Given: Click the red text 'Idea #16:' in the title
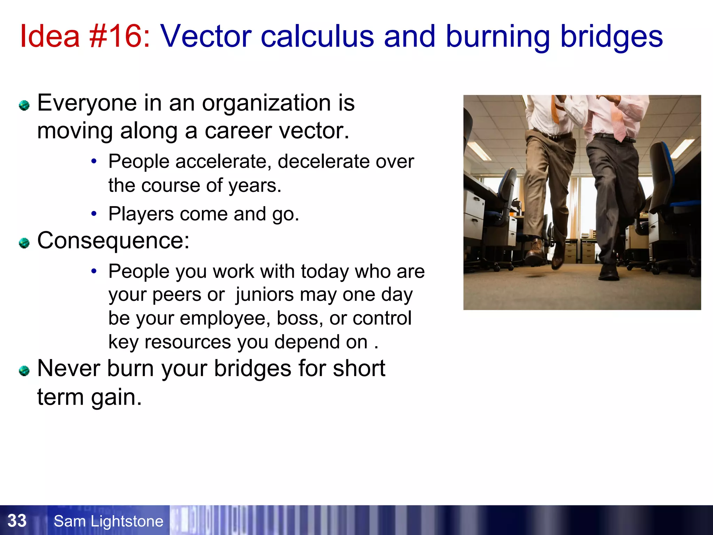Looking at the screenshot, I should pyautogui.click(x=85, y=36).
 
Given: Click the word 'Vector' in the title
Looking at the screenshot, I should pyautogui.click(x=205, y=36).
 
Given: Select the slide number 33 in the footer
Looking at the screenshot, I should pyautogui.click(x=17, y=521).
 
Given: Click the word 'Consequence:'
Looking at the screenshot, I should pyautogui.click(x=113, y=241).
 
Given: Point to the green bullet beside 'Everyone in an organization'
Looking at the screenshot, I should pyautogui.click(x=24, y=105).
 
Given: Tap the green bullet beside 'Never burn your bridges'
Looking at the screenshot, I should pyautogui.click(x=24, y=371).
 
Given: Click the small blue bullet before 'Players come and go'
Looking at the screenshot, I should pyautogui.click(x=93, y=214).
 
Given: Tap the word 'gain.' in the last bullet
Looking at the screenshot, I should pyautogui.click(x=116, y=397).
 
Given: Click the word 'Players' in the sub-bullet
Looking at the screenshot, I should pyautogui.click(x=141, y=214).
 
